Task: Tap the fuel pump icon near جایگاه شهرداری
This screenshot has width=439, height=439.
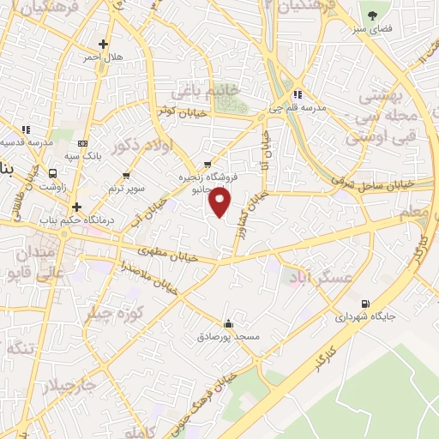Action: point(367,303)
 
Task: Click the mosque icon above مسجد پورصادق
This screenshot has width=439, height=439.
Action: point(228,324)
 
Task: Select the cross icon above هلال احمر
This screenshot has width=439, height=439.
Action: point(103,44)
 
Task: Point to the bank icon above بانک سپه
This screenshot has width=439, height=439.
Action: point(82,143)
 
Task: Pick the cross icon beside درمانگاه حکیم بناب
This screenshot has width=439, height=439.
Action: point(76,207)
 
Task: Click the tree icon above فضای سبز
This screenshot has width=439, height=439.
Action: point(373,15)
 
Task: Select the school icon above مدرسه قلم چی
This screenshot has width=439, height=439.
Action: point(297,94)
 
